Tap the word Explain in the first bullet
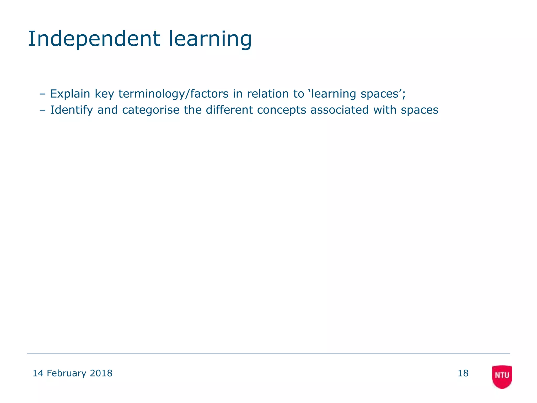coord(70,94)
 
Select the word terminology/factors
coord(173,94)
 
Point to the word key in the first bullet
coord(104,94)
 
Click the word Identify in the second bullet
coord(71,110)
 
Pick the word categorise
coord(151,110)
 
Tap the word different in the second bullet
coord(229,110)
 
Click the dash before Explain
coord(42,94)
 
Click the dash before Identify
coord(42,110)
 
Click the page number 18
coord(463,373)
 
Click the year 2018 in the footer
coord(101,373)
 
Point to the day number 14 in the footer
coord(38,373)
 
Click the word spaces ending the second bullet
coord(420,110)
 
